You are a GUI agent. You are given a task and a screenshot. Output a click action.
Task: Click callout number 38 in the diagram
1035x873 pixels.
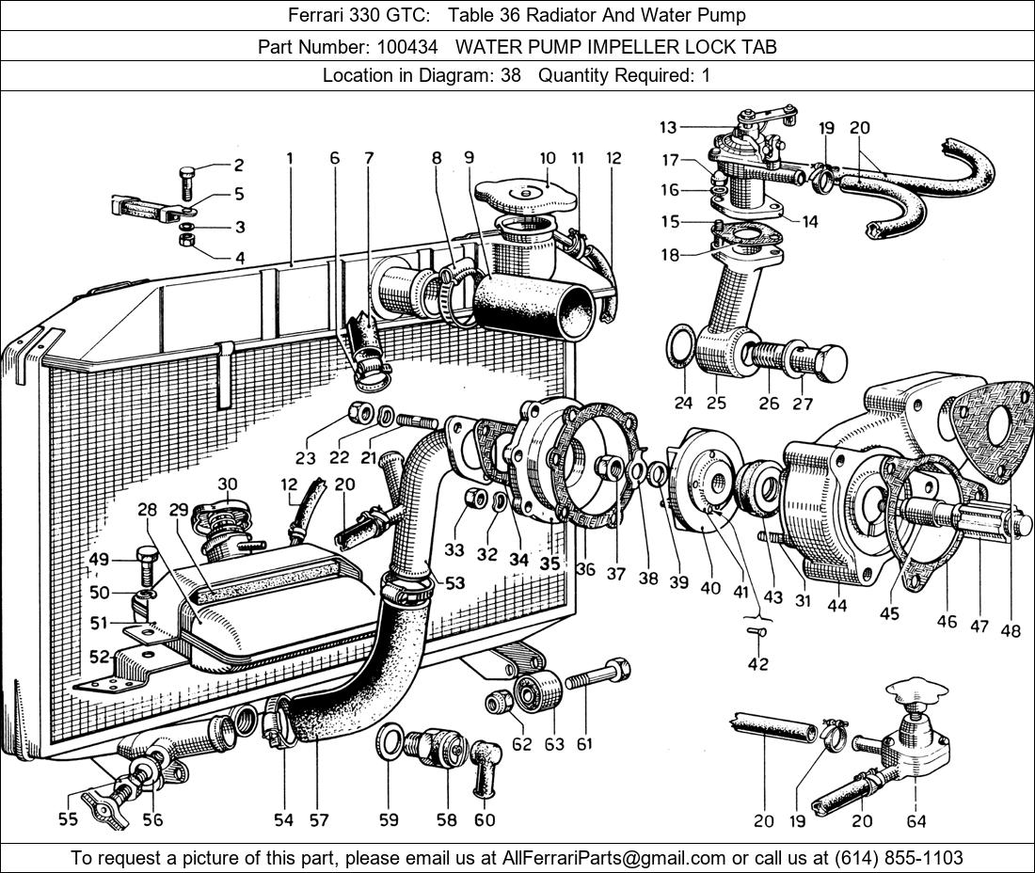[x=647, y=579]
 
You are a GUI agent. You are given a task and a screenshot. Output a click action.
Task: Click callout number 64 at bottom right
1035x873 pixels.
[x=916, y=821]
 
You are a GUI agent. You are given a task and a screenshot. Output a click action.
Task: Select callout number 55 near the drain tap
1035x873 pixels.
[x=68, y=819]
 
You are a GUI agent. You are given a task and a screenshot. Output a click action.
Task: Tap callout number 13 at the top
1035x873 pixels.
[x=668, y=127]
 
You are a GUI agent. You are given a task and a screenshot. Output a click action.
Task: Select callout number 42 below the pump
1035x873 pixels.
[x=757, y=664]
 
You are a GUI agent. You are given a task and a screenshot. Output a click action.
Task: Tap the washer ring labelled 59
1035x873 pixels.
[x=392, y=743]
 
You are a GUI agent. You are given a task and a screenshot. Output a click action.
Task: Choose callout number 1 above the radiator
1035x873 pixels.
[x=290, y=159]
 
